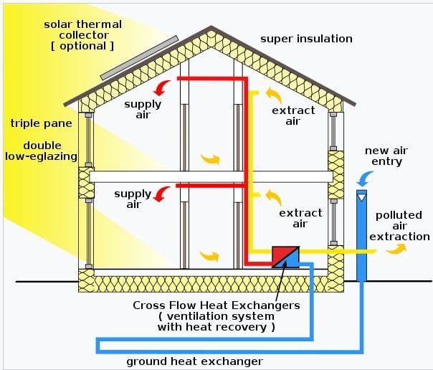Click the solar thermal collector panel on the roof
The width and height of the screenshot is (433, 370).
(140, 57)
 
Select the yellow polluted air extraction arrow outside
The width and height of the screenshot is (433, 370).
(395, 249)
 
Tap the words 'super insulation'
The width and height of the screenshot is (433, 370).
(306, 38)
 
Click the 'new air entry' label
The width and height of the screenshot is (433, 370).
(384, 156)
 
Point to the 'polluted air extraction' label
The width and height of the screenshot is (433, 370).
(402, 225)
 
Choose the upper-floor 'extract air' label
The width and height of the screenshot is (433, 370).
(293, 115)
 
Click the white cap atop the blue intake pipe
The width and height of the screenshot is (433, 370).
(361, 195)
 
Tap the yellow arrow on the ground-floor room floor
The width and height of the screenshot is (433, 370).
(209, 255)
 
